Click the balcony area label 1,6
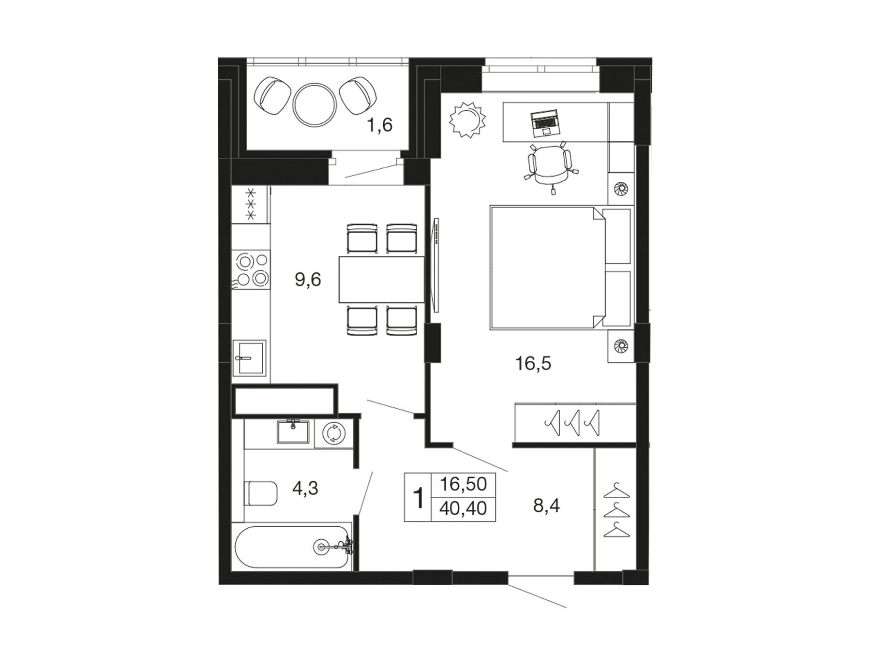click(x=379, y=125)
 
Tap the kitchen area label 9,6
click(x=308, y=280)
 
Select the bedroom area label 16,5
click(x=533, y=363)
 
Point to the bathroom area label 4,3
click(x=305, y=489)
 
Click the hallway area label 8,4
click(x=546, y=506)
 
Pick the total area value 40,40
click(x=463, y=508)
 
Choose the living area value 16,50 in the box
click(x=463, y=484)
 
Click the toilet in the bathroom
click(x=261, y=493)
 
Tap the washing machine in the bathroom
click(x=333, y=433)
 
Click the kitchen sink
click(x=249, y=358)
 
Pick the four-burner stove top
click(x=251, y=270)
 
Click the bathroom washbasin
click(x=293, y=431)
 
